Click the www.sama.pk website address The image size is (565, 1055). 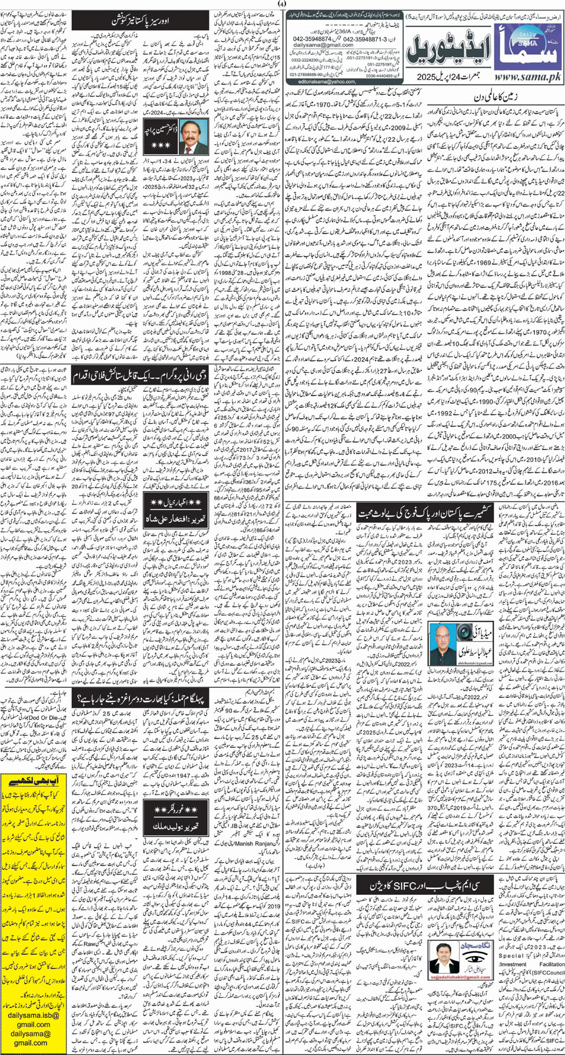(527, 77)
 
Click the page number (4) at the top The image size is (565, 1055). (282, 5)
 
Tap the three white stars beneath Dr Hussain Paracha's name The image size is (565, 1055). (160, 145)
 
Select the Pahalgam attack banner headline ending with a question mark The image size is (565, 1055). (140, 698)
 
